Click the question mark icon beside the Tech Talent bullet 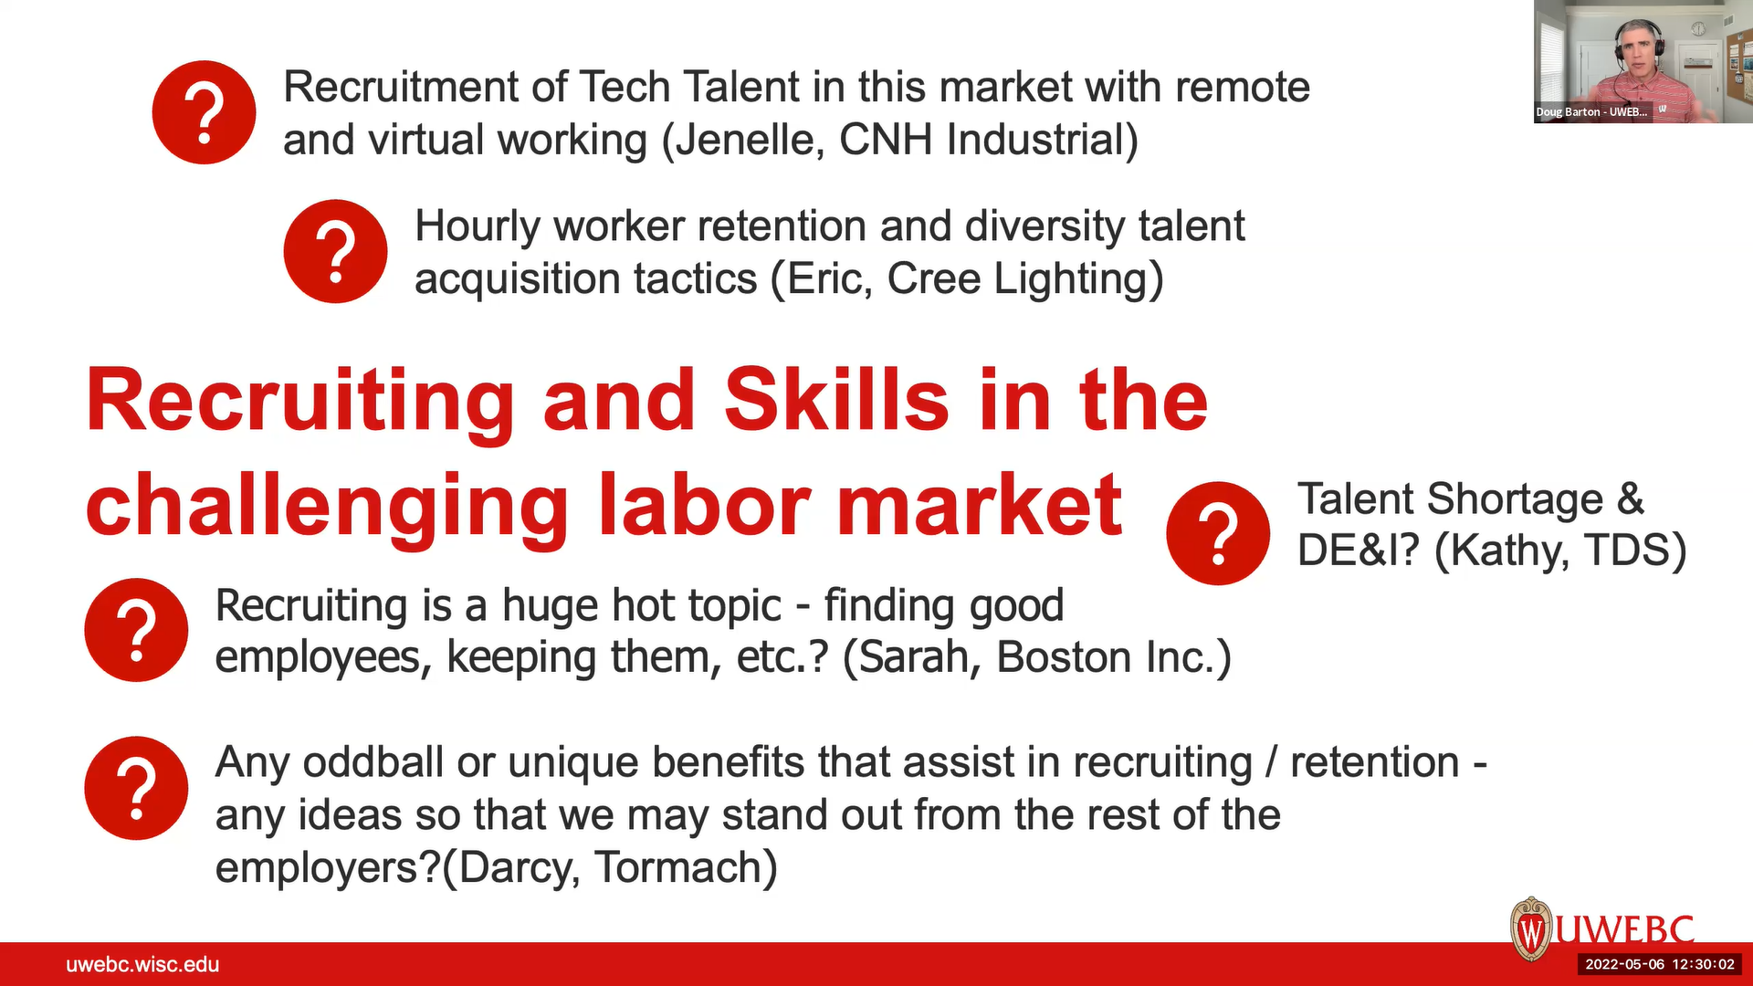coord(204,112)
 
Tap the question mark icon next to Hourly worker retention coord(335,251)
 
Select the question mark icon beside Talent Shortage coord(1218,533)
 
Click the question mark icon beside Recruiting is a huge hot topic coord(136,630)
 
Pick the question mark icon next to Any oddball coord(136,788)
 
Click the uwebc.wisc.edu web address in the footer coord(142,964)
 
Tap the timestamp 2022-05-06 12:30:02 coord(1660,964)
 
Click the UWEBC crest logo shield coord(1531,929)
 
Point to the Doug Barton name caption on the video coord(1591,111)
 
